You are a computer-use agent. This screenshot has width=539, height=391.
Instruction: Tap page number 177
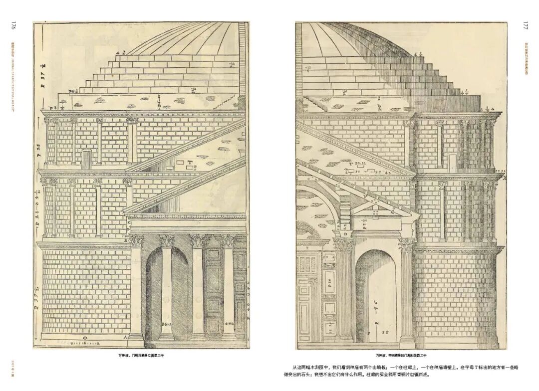[525, 25]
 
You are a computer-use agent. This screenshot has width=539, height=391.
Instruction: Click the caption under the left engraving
[141, 356]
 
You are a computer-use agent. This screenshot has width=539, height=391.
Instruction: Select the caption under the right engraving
[402, 356]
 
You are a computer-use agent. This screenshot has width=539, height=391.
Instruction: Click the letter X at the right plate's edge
[505, 177]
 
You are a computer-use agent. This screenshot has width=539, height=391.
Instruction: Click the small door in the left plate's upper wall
[86, 159]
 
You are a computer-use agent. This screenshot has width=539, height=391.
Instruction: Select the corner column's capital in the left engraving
[136, 241]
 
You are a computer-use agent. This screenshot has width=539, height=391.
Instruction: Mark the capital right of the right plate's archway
[407, 244]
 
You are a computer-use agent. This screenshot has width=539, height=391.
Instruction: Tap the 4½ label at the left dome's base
[120, 52]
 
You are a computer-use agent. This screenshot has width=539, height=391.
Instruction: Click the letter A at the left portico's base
[127, 337]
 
